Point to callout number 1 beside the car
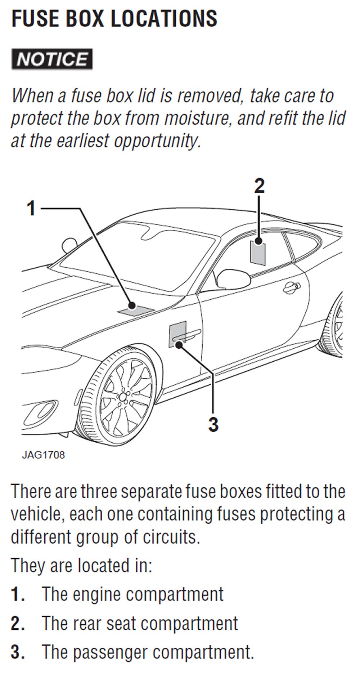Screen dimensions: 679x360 coord(32,209)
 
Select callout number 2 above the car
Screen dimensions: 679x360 coord(259,186)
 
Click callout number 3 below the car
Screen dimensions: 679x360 coord(213,424)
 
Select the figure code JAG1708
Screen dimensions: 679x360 coord(43,455)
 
